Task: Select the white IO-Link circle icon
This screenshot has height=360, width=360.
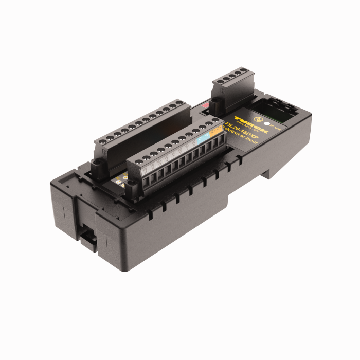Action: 266,123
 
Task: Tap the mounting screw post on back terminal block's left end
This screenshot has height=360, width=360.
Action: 96,165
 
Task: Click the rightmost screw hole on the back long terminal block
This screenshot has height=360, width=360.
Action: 179,104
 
